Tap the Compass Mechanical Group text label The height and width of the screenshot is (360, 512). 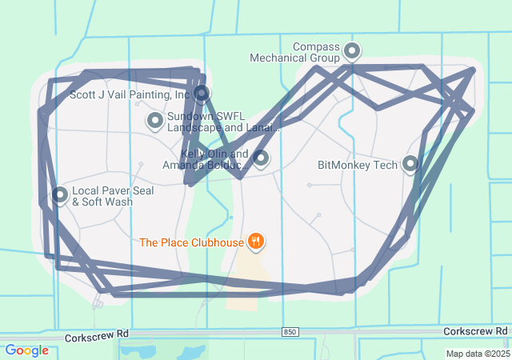coord(295,53)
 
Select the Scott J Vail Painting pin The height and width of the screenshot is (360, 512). coord(202,94)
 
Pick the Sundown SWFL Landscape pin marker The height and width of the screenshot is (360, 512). coord(155,121)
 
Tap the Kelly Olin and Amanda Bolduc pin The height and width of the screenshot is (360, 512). coord(261,158)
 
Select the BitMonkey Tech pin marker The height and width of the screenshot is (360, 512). coord(410,165)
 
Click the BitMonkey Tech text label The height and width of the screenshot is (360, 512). coord(358,166)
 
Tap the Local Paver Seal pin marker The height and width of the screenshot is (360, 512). coord(60,195)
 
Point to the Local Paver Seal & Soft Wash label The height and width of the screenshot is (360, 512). coord(113,197)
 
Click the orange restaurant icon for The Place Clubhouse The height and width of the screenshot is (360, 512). coord(256,241)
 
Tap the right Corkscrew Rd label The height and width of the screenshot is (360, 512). coord(475,331)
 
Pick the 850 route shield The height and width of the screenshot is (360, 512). coord(290,331)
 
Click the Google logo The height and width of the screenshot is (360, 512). coord(26,350)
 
